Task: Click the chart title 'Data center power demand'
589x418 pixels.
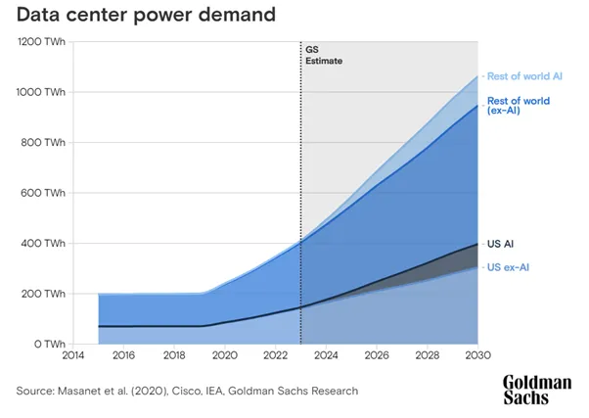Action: point(146,15)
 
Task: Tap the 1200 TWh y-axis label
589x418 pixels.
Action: point(41,42)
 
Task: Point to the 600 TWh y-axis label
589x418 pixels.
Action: point(43,193)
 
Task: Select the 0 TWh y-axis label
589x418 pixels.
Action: point(50,344)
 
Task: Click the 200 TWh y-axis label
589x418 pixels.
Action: point(43,294)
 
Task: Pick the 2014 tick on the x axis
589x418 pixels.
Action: point(72,355)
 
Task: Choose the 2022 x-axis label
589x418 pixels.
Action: point(275,355)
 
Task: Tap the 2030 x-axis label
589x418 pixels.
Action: point(477,355)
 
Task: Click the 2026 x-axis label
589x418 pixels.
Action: point(377,355)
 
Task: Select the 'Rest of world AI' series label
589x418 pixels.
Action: point(524,76)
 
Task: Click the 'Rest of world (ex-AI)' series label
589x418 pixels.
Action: point(519,106)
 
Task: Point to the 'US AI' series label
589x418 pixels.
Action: point(500,244)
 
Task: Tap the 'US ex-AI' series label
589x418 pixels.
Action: point(508,267)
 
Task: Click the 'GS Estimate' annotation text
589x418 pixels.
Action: point(324,55)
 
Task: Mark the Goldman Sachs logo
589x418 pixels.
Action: point(537,390)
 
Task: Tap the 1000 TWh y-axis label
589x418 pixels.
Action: point(40,92)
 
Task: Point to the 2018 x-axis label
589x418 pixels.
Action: point(174,355)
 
